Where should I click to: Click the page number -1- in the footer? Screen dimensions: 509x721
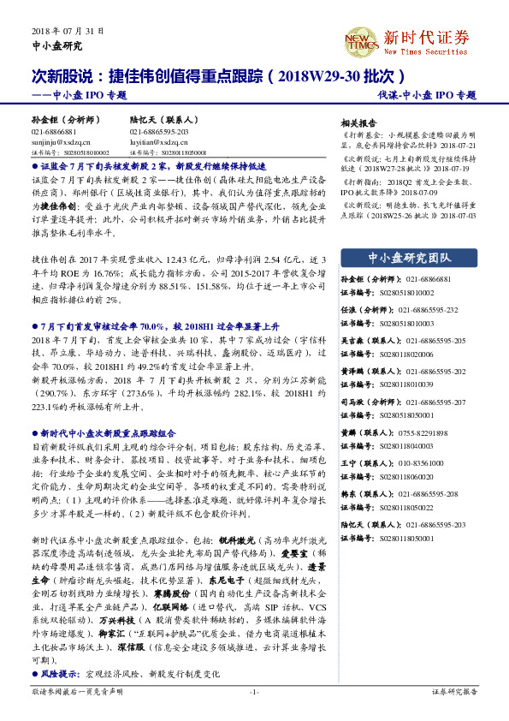point(253,691)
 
